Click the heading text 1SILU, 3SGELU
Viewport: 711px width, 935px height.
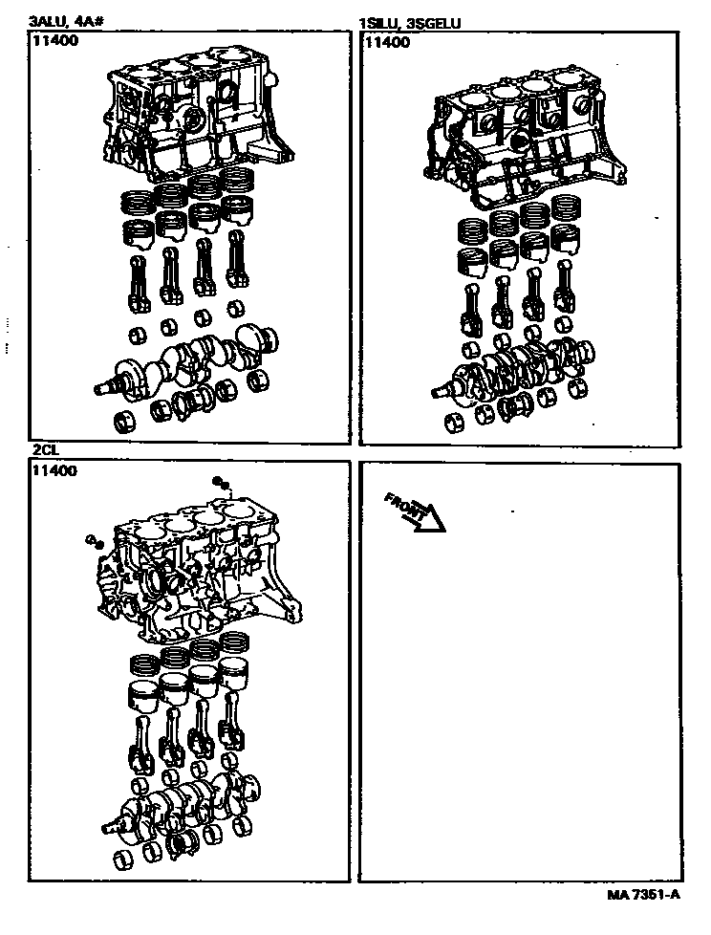[x=409, y=23]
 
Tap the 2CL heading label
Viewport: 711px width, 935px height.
[x=46, y=450]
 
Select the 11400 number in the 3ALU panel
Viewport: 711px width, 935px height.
[x=54, y=41]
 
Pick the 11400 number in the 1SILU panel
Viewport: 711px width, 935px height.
[x=387, y=42]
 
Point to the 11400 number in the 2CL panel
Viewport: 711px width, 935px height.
[x=54, y=470]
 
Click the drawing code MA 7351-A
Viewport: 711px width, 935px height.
[x=644, y=895]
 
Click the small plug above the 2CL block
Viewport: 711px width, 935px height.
[x=222, y=482]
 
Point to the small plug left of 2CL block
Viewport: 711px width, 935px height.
[x=95, y=541]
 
